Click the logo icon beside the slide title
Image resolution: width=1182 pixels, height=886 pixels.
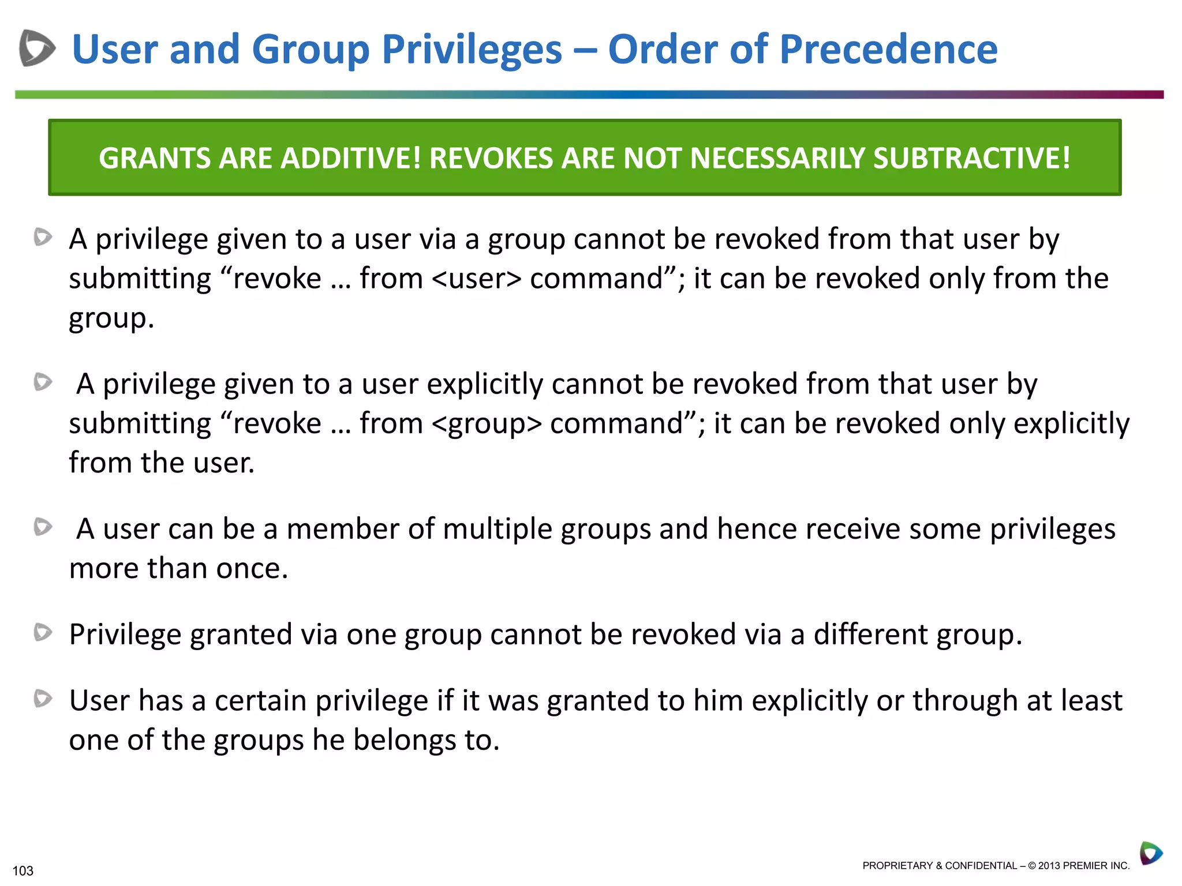tap(37, 48)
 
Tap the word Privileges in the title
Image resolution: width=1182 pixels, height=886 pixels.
tap(472, 49)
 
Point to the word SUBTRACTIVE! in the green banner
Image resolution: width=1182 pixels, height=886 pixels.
tap(972, 158)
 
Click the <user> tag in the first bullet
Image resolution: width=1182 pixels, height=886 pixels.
tap(476, 279)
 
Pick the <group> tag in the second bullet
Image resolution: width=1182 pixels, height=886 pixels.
tap(486, 424)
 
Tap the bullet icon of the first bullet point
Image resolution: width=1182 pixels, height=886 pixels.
tap(43, 237)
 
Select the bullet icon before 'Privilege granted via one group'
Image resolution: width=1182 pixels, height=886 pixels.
tap(43, 633)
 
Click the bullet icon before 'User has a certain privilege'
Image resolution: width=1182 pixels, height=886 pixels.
tap(43, 699)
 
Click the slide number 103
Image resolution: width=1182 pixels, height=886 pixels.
tap(23, 870)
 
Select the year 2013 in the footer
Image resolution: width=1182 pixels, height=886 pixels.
tap(1049, 866)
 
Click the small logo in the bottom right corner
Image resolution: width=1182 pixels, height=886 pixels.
tap(1150, 853)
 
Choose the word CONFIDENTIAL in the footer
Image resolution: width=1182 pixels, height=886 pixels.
tap(981, 866)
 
